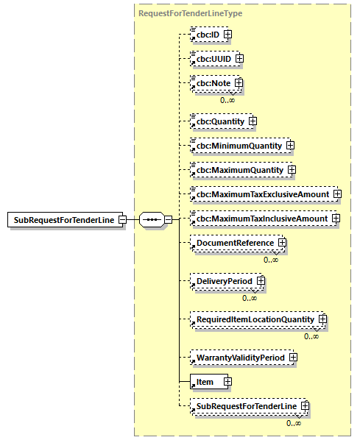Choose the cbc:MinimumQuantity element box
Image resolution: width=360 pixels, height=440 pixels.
(239, 145)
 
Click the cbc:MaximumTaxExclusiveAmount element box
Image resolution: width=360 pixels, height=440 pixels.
(262, 194)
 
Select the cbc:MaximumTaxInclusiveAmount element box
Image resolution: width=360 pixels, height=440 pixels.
(261, 219)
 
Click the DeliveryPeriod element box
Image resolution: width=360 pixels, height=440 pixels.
(224, 281)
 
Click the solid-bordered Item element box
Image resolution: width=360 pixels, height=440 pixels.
(206, 382)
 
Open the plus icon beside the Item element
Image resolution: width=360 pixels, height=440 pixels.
(227, 382)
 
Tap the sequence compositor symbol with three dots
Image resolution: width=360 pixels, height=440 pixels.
(151, 219)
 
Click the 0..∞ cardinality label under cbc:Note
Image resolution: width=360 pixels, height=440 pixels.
(227, 99)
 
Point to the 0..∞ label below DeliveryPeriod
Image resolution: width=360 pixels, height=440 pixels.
(250, 297)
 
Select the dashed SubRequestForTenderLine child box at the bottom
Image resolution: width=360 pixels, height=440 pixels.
(245, 406)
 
